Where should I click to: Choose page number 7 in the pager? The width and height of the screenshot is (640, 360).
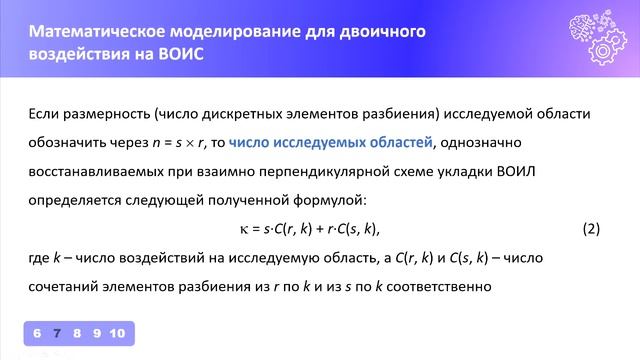[57, 333]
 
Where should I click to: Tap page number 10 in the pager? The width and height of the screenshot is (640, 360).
[117, 333]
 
